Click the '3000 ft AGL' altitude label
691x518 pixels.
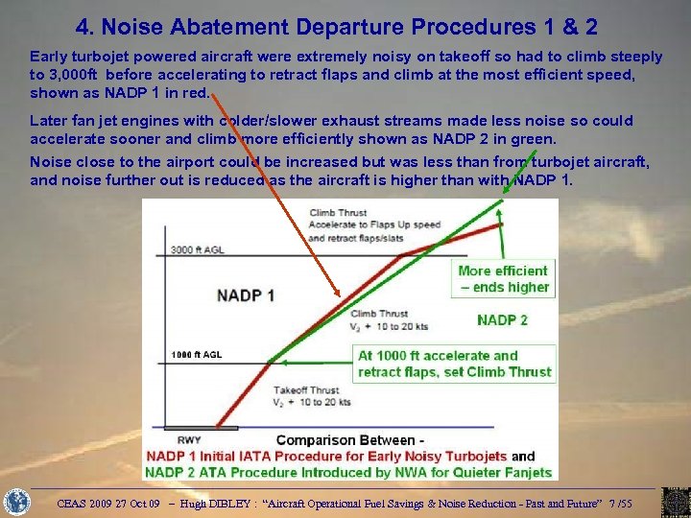[x=198, y=250]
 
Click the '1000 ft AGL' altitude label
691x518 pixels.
[x=197, y=355]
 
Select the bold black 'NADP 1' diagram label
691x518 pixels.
[x=246, y=295]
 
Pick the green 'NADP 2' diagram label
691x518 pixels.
[x=502, y=319]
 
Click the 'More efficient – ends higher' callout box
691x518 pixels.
[x=503, y=278]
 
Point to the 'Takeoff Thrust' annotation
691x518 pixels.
[x=306, y=390]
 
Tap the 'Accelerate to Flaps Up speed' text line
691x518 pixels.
[x=374, y=224]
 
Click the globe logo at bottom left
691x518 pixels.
[x=16, y=502]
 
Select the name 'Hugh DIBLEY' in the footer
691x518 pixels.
[x=212, y=502]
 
